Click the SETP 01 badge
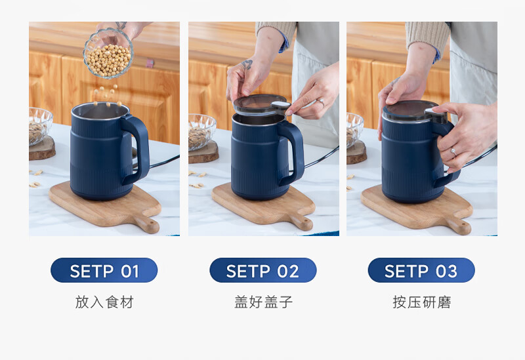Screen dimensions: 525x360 click(104, 270)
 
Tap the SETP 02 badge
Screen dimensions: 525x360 click(263, 270)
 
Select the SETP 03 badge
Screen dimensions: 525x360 click(421, 270)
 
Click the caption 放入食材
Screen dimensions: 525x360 click(104, 302)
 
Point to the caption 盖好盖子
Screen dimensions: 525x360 click(263, 302)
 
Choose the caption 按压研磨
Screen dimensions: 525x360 click(421, 302)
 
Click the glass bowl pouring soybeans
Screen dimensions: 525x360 click(108, 54)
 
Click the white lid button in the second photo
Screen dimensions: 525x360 click(280, 106)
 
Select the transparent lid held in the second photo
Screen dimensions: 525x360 click(259, 104)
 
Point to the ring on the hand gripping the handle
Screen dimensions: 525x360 click(453, 152)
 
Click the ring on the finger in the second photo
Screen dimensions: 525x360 click(320, 102)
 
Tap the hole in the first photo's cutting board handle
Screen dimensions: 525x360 click(150, 222)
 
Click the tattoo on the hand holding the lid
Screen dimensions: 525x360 click(247, 64)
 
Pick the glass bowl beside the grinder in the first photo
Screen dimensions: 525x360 click(39, 126)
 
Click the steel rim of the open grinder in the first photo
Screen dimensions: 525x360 click(100, 111)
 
